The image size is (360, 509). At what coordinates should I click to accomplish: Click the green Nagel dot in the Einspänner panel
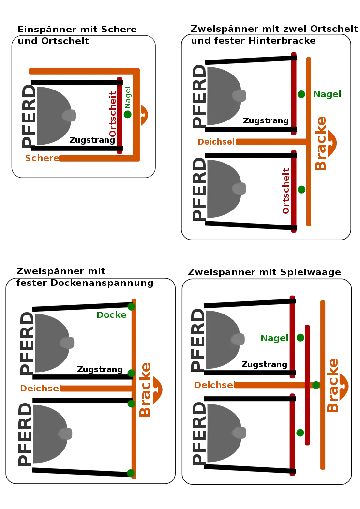pos(128,114)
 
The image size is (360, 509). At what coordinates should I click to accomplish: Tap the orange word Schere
pos(42,158)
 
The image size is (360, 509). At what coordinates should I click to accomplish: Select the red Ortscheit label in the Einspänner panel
pos(113,114)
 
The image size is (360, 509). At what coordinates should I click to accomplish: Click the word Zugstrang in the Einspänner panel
pos(92,140)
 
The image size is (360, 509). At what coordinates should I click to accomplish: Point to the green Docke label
pos(112,315)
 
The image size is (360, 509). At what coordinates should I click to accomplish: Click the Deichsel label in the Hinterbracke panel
pos(216,142)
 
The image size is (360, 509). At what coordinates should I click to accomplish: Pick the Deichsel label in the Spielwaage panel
pos(214,385)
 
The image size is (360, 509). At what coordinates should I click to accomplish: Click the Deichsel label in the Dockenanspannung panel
pos(40,388)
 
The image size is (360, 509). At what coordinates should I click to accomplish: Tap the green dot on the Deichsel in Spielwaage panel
pos(316,385)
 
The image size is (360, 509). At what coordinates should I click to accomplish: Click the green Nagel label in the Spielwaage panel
pos(274,338)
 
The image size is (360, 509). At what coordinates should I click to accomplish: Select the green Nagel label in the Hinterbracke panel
pos(327,94)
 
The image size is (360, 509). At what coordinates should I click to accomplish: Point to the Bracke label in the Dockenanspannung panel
pos(145,389)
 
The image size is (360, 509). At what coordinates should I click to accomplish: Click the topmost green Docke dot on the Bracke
pos(131,306)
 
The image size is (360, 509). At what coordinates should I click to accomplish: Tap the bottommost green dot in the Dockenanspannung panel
pos(131,473)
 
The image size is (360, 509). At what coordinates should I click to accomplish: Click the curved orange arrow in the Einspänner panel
pos(145,115)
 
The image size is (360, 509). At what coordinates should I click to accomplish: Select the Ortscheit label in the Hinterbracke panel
pos(285,191)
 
